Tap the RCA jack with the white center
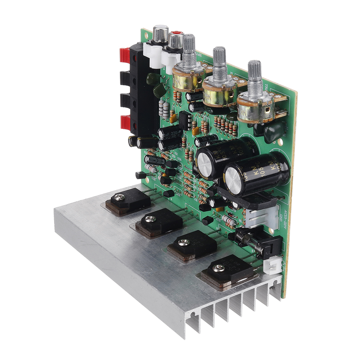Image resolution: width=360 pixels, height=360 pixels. [159, 33]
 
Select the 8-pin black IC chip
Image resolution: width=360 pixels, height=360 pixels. [185, 120]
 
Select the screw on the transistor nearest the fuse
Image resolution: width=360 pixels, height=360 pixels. [219, 268]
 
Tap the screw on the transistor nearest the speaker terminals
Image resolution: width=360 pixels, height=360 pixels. [119, 197]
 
